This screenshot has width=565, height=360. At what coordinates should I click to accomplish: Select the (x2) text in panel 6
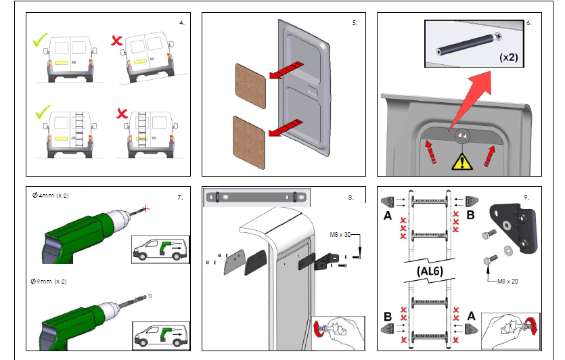pos(508,57)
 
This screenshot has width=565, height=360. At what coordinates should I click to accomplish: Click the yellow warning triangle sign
pos(463,161)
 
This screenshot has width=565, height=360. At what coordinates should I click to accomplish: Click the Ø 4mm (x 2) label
pos(51,196)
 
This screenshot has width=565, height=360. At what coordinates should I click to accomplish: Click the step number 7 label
pos(180,198)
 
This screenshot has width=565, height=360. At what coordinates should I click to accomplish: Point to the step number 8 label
pos(351,198)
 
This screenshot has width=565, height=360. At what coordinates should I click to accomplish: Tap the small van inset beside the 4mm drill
pos(160,250)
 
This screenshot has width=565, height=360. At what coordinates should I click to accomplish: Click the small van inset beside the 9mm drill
pos(160,333)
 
